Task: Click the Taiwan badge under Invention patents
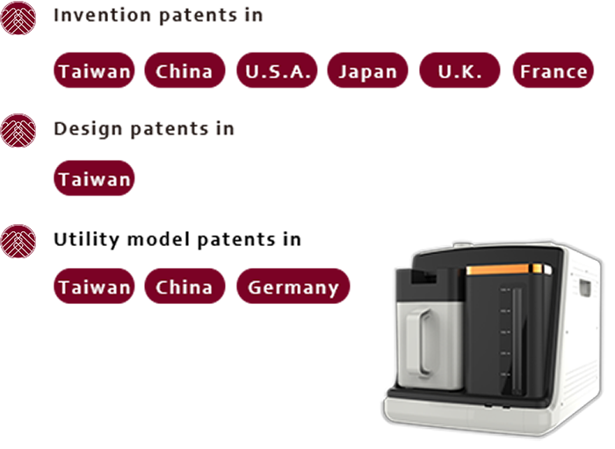pos(94,70)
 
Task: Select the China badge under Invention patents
pos(184,70)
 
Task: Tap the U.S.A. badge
pos(277,70)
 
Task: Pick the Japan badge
pos(367,70)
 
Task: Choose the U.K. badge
pos(459,70)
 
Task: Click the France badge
pos(553,70)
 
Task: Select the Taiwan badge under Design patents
pos(94,178)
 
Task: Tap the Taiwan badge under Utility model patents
pos(94,286)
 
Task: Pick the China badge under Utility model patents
pos(184,286)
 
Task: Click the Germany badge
pos(293,286)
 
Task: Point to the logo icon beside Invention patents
pos(18,18)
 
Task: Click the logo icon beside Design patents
pos(18,131)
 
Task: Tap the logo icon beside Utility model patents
pos(18,241)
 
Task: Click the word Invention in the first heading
pos(103,15)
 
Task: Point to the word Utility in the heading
pos(87,240)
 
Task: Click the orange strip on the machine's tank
pos(505,270)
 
